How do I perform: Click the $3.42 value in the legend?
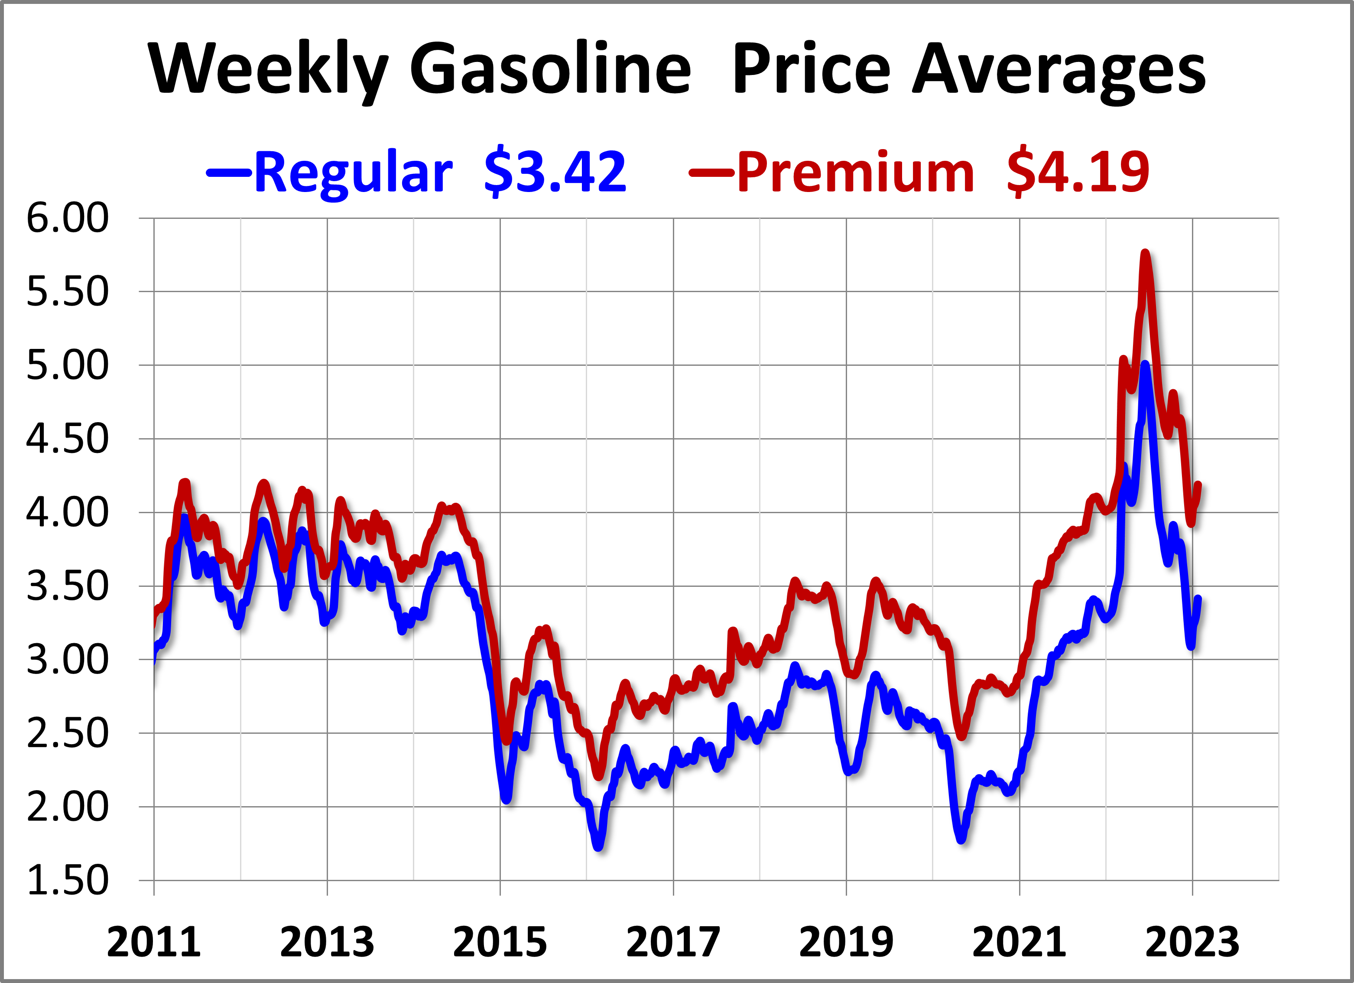[555, 171]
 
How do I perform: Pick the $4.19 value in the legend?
[1078, 171]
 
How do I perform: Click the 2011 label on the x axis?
[153, 942]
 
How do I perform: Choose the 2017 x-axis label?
[673, 942]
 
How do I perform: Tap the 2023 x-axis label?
[1192, 942]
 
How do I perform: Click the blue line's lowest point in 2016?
[599, 847]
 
